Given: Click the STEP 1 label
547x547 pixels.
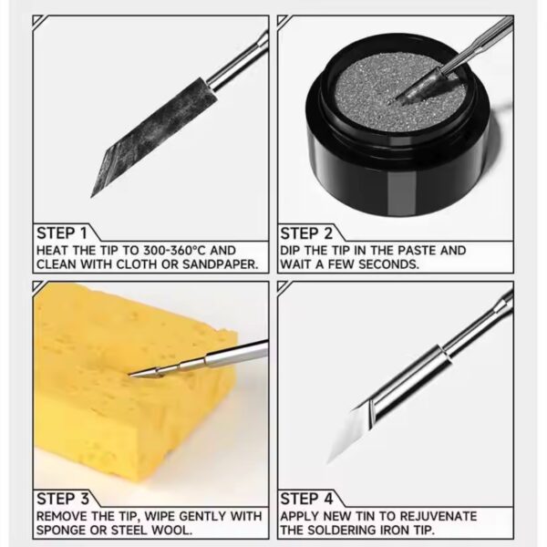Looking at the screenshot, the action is point(61,233).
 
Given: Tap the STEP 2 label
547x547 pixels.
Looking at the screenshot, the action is point(306,233).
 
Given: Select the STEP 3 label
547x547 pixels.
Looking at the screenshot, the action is point(63,499).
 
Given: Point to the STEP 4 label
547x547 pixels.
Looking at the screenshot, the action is point(306,499).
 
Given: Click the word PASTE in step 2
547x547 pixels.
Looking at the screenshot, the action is point(417,251).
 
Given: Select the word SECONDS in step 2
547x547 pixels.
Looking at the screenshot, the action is point(388,264).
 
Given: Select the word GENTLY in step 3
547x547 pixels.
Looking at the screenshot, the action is point(203,516).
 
